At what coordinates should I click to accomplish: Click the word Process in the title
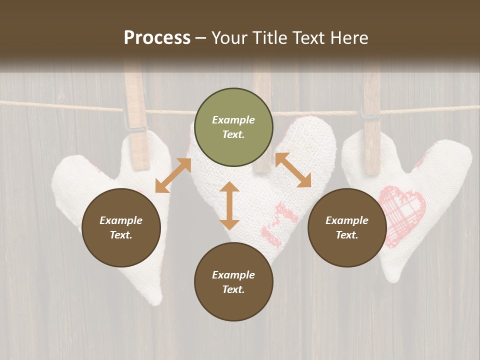click(157, 38)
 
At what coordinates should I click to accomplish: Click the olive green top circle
click(233, 127)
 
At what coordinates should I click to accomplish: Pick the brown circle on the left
click(121, 227)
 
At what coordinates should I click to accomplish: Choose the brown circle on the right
click(347, 227)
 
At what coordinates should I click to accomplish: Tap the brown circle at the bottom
click(233, 282)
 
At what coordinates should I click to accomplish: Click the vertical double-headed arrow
click(229, 205)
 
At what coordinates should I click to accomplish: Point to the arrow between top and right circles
click(293, 170)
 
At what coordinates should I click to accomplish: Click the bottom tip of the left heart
click(156, 300)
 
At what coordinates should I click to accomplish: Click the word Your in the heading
click(230, 38)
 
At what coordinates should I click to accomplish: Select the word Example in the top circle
click(233, 120)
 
